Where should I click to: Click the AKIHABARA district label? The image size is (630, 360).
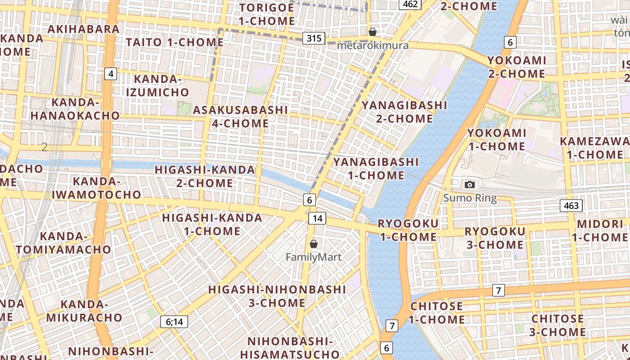[83, 29]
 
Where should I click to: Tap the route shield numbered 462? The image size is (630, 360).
[409, 4]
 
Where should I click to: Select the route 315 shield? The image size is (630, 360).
[314, 38]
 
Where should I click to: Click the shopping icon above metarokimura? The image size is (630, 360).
[373, 32]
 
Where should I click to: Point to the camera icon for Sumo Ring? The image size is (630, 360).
[470, 184]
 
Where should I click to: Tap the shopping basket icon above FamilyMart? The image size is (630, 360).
[314, 244]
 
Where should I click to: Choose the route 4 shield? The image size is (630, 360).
[111, 73]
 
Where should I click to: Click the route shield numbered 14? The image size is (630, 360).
[317, 219]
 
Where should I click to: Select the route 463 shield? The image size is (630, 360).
[571, 206]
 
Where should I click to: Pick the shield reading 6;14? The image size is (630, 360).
[174, 321]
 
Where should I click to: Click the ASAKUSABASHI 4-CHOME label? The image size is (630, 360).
[240, 117]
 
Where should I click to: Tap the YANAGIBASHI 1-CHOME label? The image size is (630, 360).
[376, 168]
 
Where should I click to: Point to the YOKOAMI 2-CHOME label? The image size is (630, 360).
[517, 67]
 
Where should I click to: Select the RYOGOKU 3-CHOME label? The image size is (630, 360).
[495, 238]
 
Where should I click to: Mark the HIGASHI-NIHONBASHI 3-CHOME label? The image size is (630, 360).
[277, 296]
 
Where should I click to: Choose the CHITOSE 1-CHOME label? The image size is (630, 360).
[436, 313]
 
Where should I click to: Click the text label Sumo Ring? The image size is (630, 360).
[470, 198]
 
